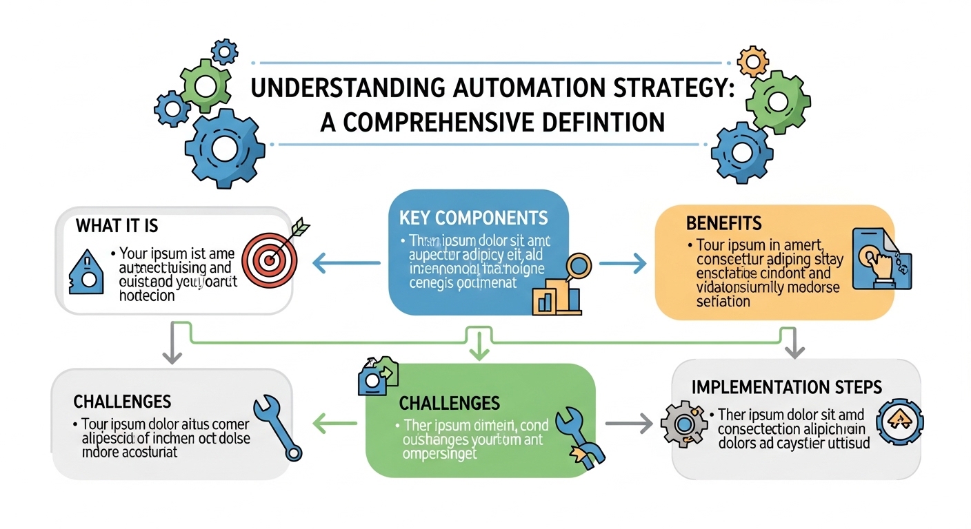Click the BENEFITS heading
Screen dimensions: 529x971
point(723,223)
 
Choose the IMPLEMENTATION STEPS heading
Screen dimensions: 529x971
point(786,386)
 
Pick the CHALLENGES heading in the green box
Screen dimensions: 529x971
point(449,402)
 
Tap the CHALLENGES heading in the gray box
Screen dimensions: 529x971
point(122,401)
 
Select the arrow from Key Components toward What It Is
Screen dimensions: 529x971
point(345,262)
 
